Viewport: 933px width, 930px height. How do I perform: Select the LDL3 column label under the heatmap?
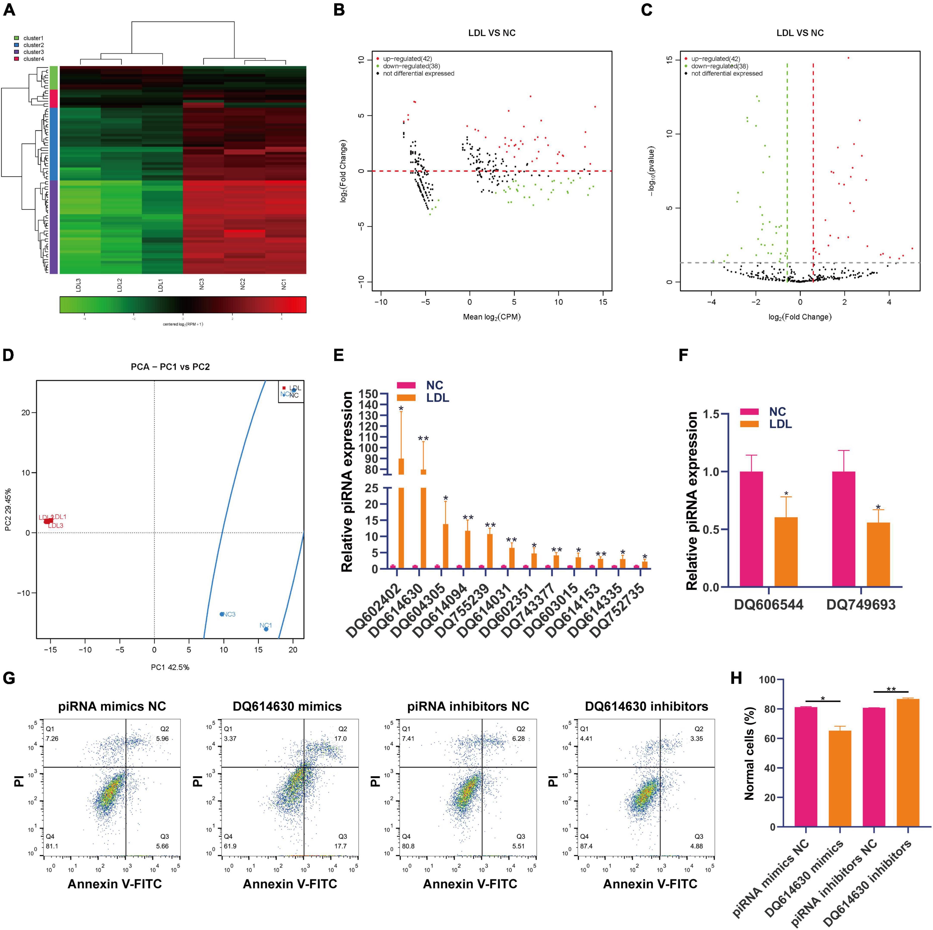click(x=78, y=285)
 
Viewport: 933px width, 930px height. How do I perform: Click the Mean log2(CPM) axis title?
click(x=492, y=317)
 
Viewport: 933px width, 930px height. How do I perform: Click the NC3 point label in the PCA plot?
click(x=229, y=614)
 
